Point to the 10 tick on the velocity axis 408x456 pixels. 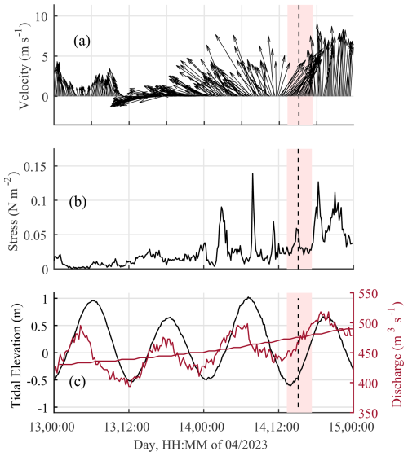tap(42, 16)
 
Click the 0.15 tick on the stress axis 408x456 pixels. tap(37, 165)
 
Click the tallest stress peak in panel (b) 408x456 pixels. tap(252, 173)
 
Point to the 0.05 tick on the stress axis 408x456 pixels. tap(37, 235)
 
